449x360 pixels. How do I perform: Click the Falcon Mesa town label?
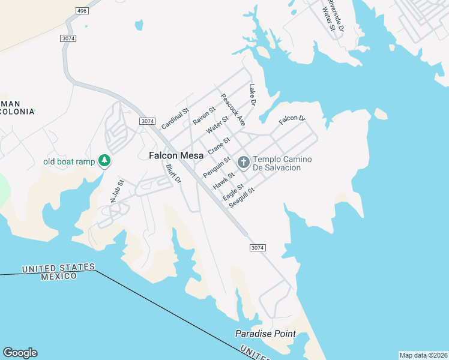click(175, 155)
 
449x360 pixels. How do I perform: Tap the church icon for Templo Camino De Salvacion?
click(244, 162)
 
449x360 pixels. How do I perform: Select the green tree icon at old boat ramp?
click(104, 160)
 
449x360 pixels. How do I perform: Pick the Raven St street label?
click(204, 115)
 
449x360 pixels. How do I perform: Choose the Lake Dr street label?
click(253, 95)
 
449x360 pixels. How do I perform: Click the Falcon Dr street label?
click(292, 120)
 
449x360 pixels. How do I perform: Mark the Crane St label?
click(219, 146)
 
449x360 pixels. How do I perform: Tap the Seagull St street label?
click(242, 198)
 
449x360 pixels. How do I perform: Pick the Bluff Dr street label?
click(173, 174)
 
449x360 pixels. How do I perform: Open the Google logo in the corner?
click(20, 353)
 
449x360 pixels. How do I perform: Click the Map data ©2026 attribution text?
click(423, 355)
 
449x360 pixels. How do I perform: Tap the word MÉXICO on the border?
click(59, 276)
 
